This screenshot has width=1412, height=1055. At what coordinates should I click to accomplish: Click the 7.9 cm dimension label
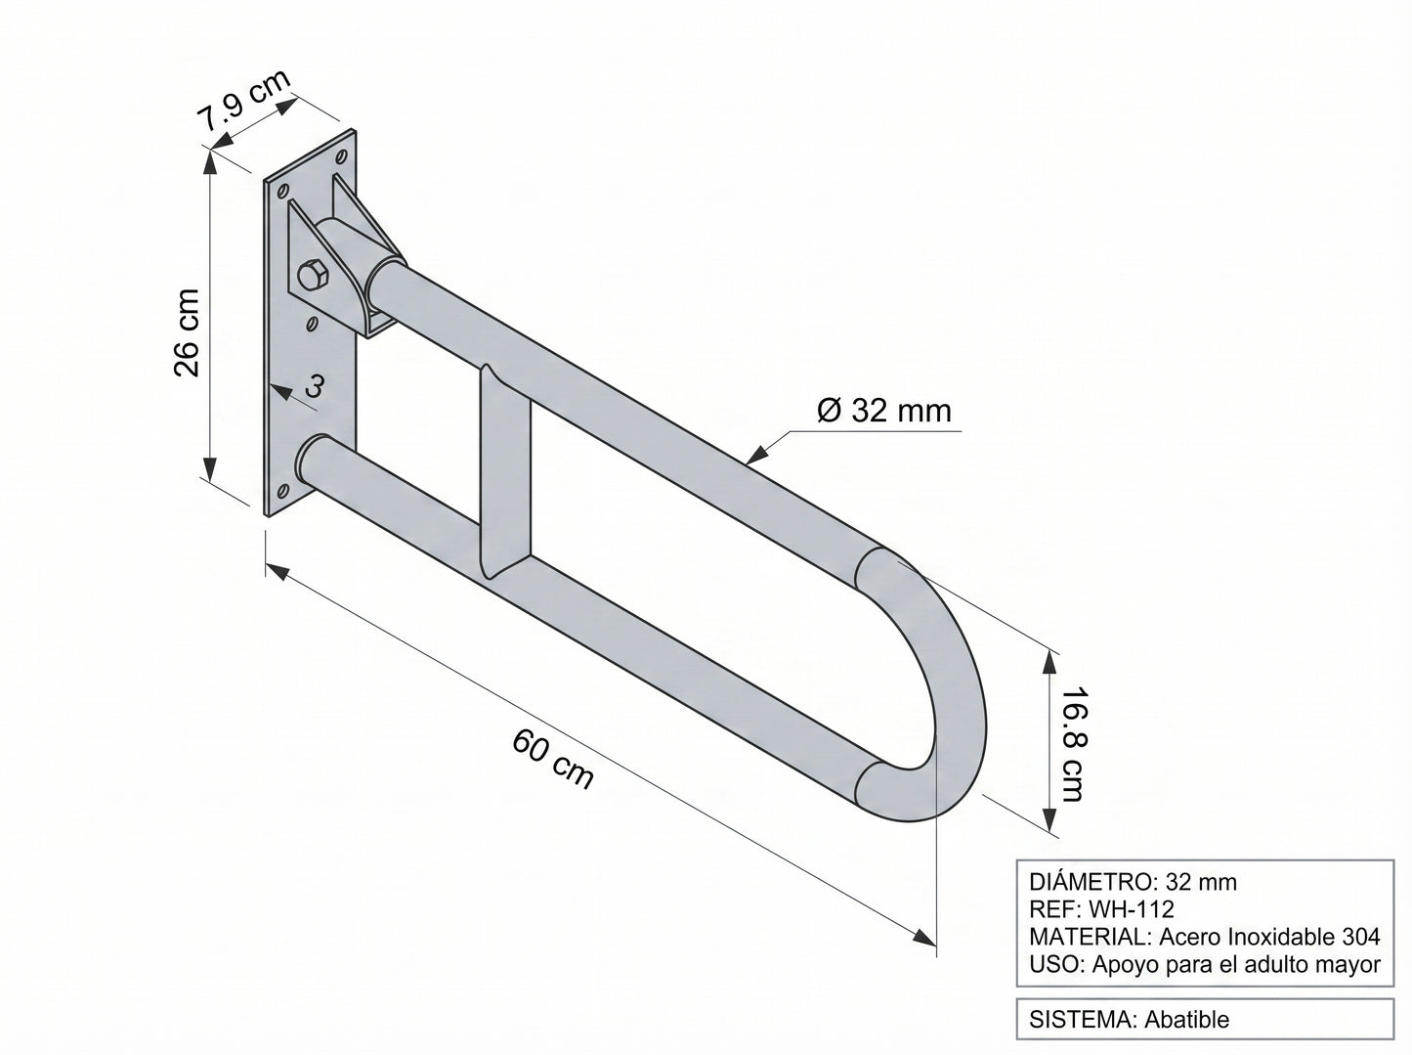pyautogui.click(x=244, y=101)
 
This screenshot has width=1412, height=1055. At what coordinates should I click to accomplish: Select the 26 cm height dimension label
pyautogui.click(x=188, y=332)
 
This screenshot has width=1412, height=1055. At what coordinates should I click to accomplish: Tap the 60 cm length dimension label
pyautogui.click(x=553, y=759)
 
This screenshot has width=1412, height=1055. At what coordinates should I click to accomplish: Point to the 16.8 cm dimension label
pyautogui.click(x=1073, y=745)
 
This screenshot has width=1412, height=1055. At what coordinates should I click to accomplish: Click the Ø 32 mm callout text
pyautogui.click(x=884, y=411)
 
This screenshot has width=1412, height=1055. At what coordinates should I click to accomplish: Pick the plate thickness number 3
pyautogui.click(x=314, y=386)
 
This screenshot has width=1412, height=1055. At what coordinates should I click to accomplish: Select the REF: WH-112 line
pyautogui.click(x=1102, y=909)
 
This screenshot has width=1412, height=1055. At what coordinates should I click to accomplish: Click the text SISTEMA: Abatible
pyautogui.click(x=1129, y=1020)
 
